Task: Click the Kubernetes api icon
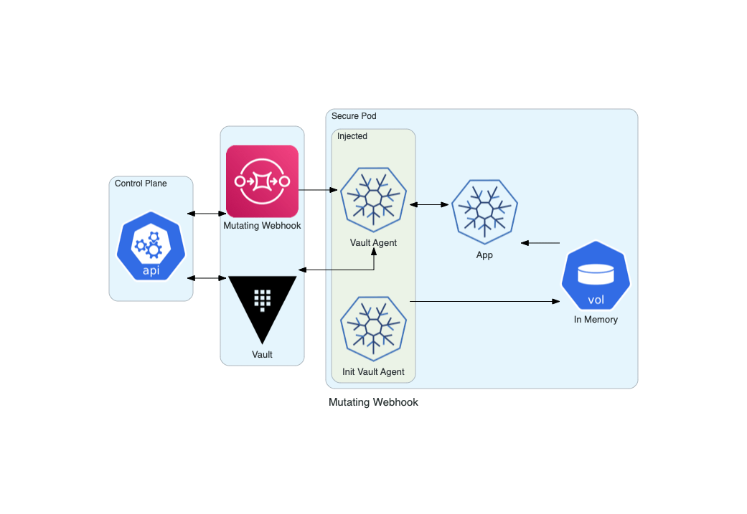pos(151,246)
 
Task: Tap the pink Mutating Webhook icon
pos(262,181)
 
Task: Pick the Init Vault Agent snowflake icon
pos(373,329)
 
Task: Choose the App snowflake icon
pos(484,209)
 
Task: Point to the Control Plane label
pos(141,184)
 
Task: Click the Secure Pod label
pos(354,116)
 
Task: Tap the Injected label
pos(352,136)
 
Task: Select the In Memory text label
pos(596,320)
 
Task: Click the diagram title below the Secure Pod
pos(373,402)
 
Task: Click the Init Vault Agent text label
pos(373,372)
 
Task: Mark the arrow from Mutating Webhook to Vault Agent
pos(318,190)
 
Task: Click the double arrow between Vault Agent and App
pos(429,205)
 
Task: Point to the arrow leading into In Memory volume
pos(484,302)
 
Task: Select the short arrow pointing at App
pos(540,243)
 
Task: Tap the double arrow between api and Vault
pos(207,277)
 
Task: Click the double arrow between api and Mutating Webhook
pos(207,214)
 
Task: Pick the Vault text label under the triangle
pos(262,354)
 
